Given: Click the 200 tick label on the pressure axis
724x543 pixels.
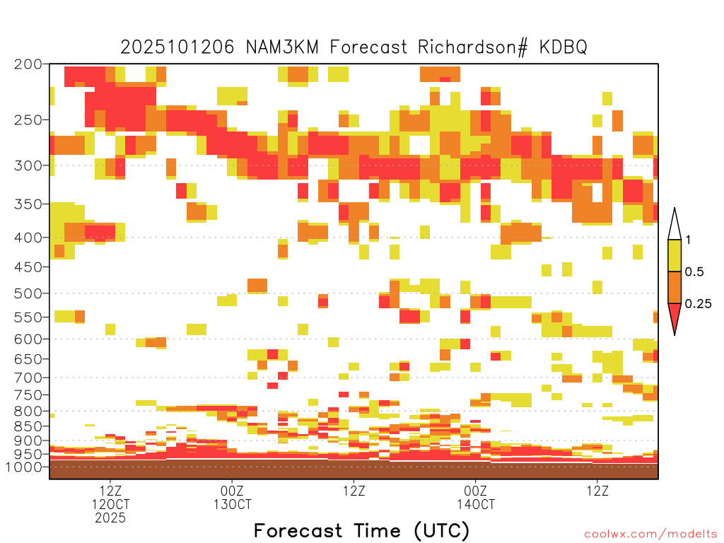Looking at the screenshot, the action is (x=28, y=64).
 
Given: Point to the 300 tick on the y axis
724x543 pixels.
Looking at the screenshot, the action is (x=28, y=165).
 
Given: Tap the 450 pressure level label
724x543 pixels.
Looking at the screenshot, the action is (x=28, y=267).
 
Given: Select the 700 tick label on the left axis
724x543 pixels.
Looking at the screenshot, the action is (x=28, y=378).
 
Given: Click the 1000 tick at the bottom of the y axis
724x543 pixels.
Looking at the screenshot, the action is (x=23, y=467).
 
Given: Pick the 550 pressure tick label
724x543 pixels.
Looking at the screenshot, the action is (x=28, y=317).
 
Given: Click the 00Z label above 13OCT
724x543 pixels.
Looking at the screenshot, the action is (x=232, y=491).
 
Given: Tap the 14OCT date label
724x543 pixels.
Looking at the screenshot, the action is (x=476, y=504).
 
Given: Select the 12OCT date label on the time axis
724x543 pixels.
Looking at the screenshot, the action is (x=110, y=504).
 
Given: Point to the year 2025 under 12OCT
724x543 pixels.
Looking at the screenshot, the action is (x=110, y=518).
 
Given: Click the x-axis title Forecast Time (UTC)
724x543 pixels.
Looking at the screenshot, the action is (x=361, y=531).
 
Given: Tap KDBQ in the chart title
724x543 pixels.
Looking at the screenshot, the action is (x=563, y=47).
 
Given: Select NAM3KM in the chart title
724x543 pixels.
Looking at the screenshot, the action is (x=282, y=47).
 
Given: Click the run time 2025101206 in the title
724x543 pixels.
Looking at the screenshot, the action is (x=177, y=47).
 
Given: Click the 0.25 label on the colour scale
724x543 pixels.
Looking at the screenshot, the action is (x=698, y=303).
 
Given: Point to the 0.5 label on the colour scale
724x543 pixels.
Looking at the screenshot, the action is (x=694, y=271).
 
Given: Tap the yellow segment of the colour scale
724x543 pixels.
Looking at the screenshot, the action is (x=675, y=255).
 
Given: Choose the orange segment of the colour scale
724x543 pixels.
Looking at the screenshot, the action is (x=675, y=287).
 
